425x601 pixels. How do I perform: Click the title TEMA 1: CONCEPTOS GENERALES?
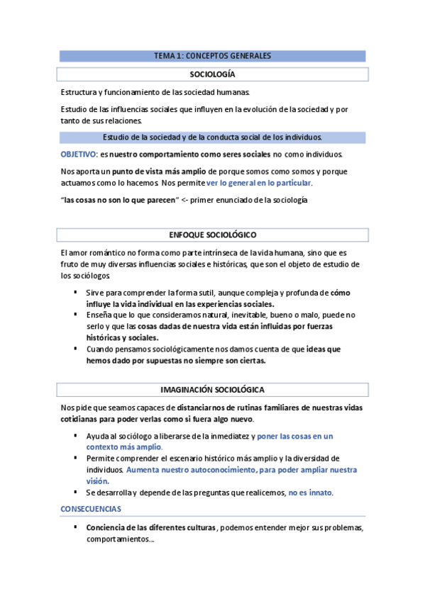pos(212,56)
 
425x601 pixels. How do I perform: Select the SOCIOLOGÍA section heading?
pos(212,74)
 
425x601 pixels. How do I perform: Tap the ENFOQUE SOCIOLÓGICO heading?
pos(212,235)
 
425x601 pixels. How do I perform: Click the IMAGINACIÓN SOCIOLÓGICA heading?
pos(212,390)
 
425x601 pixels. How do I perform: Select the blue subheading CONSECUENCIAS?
pos(90,509)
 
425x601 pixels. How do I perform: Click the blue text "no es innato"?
pos(310,493)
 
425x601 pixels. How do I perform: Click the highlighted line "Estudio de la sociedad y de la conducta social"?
pos(212,137)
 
